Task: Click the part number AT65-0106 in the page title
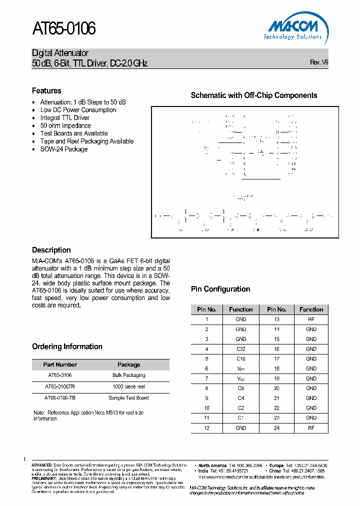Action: tap(64, 29)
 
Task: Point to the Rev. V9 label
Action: tap(319, 62)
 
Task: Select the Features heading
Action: tap(46, 90)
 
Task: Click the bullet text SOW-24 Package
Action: tap(64, 149)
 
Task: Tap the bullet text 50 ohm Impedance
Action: tap(65, 125)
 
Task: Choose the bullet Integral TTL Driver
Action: tap(65, 118)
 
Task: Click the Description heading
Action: tap(51, 250)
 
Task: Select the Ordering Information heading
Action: tap(67, 346)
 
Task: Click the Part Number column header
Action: tap(60, 364)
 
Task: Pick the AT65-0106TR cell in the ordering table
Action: tap(60, 386)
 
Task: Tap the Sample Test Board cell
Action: tap(128, 398)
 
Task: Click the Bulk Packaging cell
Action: tap(128, 375)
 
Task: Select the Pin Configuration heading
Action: tap(220, 289)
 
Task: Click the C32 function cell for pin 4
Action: tap(241, 349)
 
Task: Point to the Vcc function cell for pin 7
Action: tap(241, 378)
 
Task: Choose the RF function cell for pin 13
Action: tap(311, 319)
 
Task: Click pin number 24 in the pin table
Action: tap(276, 427)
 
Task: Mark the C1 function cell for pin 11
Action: tap(241, 417)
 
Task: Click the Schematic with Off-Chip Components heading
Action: tap(254, 95)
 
